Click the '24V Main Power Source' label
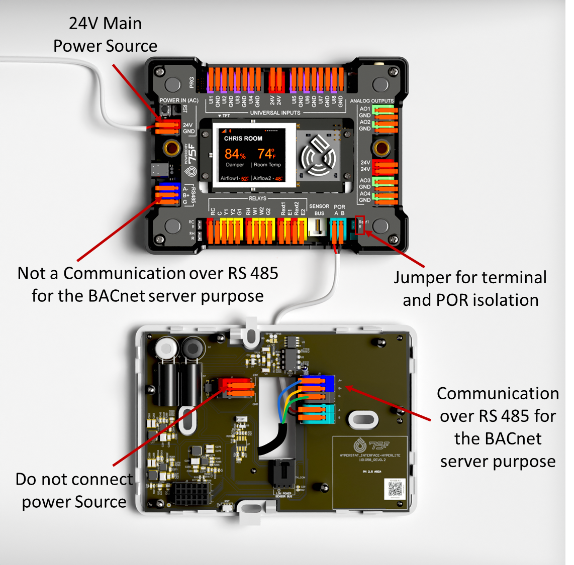coord(105,35)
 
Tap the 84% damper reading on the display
coord(235,154)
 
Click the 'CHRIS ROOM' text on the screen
coord(243,138)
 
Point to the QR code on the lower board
coord(395,488)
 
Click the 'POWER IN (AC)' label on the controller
coord(179,100)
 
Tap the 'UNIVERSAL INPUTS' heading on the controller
coord(275,113)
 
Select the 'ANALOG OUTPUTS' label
coord(372,101)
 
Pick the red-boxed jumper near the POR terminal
coord(360,225)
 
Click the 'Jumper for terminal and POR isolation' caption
coord(470,289)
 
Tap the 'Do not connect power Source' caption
coord(74,490)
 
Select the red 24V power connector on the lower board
coord(236,388)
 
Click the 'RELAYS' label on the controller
coord(257,198)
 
